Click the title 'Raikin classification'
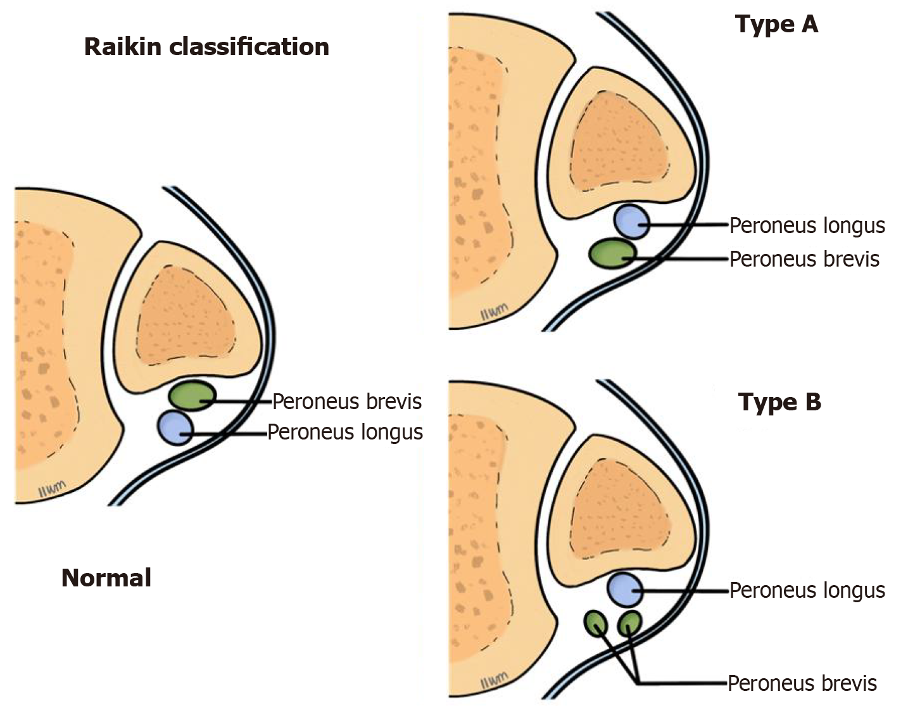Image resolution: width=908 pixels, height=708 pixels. point(206,47)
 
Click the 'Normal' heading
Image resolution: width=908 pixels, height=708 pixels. point(106,578)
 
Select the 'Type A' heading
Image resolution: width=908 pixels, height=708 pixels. point(776,25)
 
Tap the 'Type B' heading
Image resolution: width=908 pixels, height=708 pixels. point(779,402)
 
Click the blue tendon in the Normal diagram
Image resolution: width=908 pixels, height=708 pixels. point(175,427)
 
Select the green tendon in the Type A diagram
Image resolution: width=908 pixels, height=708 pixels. point(612,253)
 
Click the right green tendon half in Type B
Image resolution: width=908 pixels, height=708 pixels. point(629,623)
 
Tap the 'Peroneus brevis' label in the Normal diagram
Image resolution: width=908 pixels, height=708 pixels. point(347,401)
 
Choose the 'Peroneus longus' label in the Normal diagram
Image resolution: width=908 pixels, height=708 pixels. point(345,432)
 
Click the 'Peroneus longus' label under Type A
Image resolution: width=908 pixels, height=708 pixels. point(807,225)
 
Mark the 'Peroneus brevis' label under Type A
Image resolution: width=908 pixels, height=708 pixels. point(804,259)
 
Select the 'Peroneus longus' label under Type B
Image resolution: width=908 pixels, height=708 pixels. point(807,590)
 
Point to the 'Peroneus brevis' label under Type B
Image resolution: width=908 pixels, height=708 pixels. point(802,683)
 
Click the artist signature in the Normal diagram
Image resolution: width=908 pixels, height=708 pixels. point(52,487)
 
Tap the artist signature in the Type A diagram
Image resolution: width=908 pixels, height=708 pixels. point(493,313)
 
